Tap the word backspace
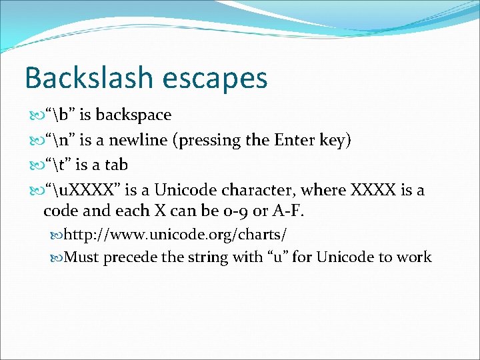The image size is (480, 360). pos(133,115)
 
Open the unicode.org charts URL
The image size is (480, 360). pos(176,235)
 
